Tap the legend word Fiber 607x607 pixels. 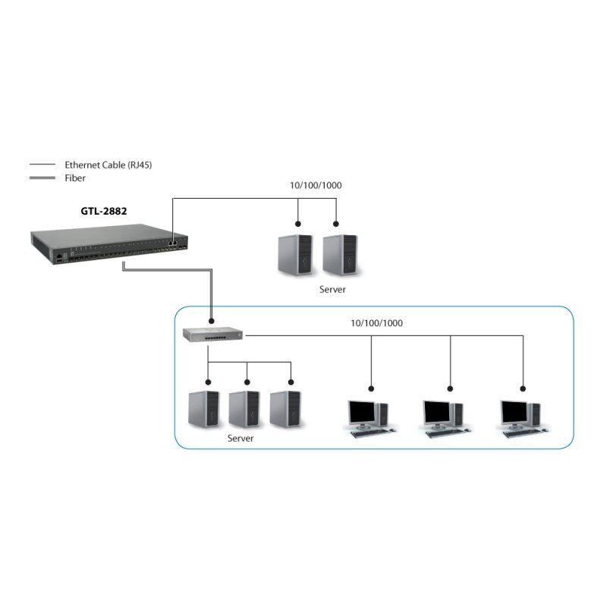75,178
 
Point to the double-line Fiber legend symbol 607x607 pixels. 42,178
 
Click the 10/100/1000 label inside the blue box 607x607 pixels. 376,323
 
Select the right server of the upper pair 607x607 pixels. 338,256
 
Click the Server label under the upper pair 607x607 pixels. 332,290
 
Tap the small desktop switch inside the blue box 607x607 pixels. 212,332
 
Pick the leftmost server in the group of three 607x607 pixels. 204,410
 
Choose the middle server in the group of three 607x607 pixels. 244,410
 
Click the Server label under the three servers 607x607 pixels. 241,439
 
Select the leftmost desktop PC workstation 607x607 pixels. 367,417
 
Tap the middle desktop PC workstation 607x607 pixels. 443,417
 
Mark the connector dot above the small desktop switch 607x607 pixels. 212,322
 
